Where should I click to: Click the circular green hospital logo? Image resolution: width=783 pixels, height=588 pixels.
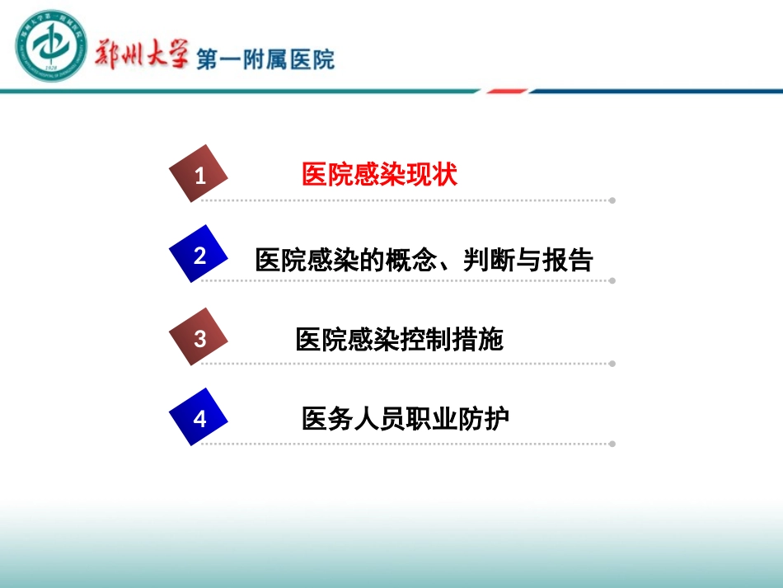click(x=51, y=47)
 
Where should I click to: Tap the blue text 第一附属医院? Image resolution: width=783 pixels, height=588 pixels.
click(x=265, y=58)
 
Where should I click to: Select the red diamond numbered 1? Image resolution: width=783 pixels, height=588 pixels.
click(x=199, y=174)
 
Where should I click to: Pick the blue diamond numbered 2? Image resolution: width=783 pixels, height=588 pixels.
click(x=199, y=255)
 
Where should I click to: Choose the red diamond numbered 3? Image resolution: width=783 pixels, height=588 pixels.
click(x=199, y=337)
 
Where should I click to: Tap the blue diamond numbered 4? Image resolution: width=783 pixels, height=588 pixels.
click(x=199, y=418)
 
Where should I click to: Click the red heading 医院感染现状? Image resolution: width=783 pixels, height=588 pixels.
click(x=380, y=175)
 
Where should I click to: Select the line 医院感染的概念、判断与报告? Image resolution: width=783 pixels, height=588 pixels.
click(x=424, y=260)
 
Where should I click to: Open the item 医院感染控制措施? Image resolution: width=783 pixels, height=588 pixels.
click(x=400, y=340)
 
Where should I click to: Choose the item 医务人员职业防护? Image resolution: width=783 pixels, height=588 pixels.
click(x=406, y=419)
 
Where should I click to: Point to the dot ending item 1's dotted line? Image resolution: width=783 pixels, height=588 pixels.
click(x=612, y=200)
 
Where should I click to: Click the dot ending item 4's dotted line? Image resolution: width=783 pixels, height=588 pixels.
click(x=612, y=444)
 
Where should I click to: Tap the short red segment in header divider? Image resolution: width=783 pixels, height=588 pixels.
click(x=506, y=91)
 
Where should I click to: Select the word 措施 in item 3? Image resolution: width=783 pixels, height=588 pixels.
click(x=477, y=340)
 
